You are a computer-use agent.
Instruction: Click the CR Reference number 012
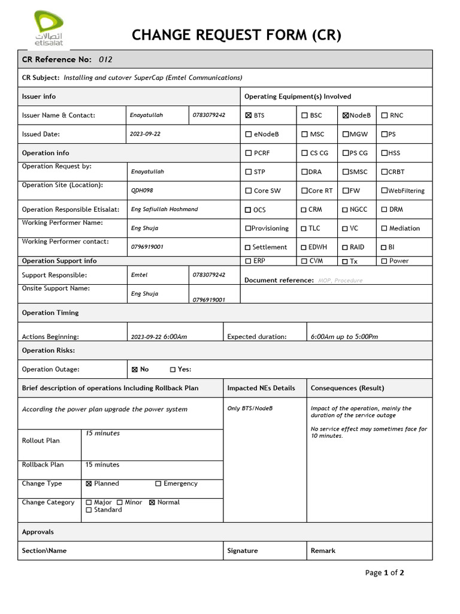click(105, 59)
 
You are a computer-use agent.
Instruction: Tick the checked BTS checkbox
click(249, 115)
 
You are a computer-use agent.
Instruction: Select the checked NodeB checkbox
click(346, 115)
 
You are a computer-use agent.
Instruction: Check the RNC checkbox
click(384, 115)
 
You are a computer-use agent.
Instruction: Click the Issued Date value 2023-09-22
click(146, 134)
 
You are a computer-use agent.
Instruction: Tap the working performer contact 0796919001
click(147, 247)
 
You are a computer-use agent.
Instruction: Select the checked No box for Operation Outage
click(134, 370)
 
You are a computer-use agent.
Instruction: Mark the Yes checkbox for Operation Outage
click(172, 370)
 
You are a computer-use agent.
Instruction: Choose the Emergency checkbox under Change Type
click(158, 484)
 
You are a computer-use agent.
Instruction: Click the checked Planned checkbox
click(89, 484)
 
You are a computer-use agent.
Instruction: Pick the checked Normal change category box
click(152, 502)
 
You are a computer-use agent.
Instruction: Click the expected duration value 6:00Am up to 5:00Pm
click(344, 337)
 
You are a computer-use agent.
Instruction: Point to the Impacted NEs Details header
click(261, 388)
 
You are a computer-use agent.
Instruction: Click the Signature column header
click(243, 550)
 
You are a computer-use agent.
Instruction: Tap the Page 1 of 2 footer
click(384, 573)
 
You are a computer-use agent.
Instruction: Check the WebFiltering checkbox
click(384, 191)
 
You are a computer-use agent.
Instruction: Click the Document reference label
click(279, 280)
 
